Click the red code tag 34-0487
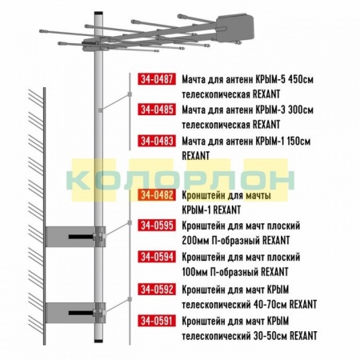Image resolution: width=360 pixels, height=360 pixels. (x=157, y=79)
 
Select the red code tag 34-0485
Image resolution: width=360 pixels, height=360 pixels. (x=157, y=110)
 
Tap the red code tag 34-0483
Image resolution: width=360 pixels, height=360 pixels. (x=157, y=141)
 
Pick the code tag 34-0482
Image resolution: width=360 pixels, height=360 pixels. (x=157, y=195)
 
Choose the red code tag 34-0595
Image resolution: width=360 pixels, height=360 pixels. (x=157, y=226)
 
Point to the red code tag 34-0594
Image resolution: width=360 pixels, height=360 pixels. (x=157, y=257)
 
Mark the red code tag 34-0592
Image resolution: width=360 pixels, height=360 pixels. (x=157, y=289)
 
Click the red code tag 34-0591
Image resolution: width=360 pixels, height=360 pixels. (x=157, y=320)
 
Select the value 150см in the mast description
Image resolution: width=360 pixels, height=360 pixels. (x=298, y=141)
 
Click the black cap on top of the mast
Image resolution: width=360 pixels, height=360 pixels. (x=98, y=13)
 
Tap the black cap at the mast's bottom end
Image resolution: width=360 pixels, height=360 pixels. (x=98, y=341)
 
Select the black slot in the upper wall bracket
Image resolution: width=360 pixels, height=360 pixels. (x=81, y=237)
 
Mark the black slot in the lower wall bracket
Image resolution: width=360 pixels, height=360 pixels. (x=81, y=313)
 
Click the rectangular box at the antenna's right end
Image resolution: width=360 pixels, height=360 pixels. (x=234, y=27)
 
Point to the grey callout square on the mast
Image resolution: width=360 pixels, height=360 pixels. (x=100, y=110)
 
